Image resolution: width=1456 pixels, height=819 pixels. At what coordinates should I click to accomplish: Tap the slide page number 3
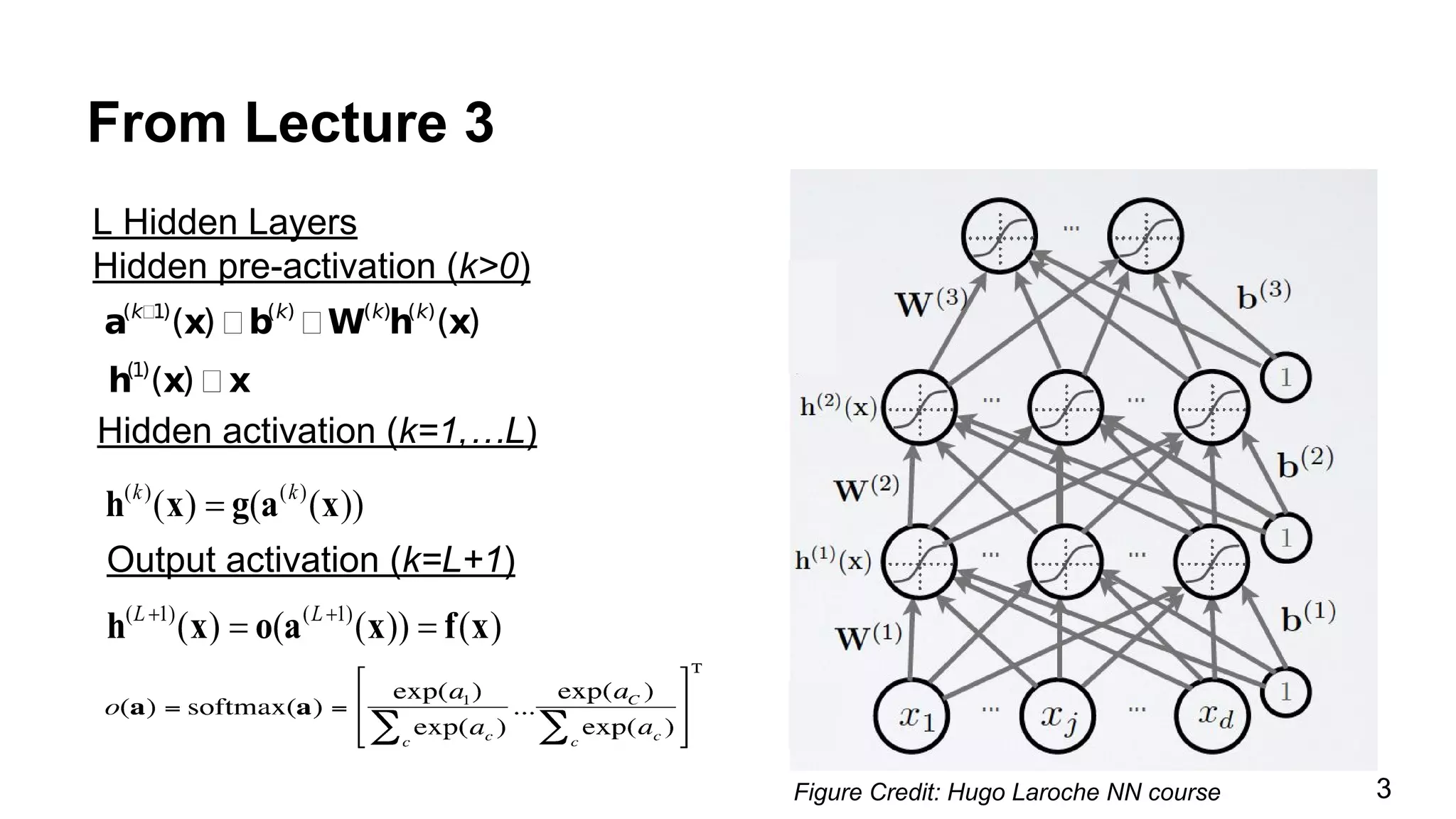click(1383, 788)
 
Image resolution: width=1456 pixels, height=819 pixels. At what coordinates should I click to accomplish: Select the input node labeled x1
click(912, 715)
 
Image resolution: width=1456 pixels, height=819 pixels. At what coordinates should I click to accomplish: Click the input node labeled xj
click(1058, 715)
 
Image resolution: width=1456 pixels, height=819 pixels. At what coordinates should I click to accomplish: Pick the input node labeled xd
click(1211, 715)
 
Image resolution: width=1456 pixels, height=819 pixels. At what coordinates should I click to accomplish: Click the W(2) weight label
click(866, 489)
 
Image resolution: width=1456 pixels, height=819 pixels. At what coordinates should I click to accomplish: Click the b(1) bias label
click(1308, 617)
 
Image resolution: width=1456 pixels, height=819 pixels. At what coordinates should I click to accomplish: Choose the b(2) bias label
click(1305, 464)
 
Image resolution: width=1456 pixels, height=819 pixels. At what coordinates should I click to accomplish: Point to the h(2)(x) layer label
click(838, 407)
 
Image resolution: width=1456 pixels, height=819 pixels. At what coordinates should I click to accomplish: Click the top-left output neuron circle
click(999, 235)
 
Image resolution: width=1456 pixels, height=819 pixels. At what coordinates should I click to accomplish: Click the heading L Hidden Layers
click(225, 223)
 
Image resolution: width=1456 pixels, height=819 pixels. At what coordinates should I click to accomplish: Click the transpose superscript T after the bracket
click(697, 668)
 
